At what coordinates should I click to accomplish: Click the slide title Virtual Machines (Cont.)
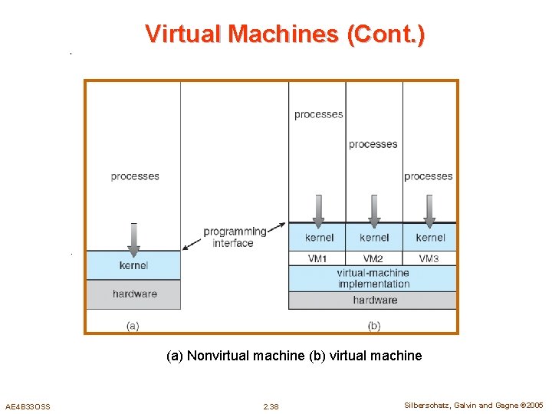point(284,34)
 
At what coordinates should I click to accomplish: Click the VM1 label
point(318,259)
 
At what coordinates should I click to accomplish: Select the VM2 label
point(373,259)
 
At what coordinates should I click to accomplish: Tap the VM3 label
point(429,259)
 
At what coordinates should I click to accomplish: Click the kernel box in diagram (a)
point(133,266)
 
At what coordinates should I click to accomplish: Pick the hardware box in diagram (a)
point(134,294)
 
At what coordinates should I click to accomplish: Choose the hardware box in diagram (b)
point(375,300)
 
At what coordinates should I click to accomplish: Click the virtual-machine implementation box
point(373,278)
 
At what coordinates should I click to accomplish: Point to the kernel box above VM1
point(319,238)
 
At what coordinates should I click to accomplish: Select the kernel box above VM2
point(374,238)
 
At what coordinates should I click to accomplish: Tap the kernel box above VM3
point(430,238)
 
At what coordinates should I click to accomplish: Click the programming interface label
point(234,237)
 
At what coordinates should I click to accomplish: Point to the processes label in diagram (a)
point(135,176)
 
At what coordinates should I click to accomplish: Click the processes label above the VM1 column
point(318,115)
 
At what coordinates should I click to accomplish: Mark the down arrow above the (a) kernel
point(134,238)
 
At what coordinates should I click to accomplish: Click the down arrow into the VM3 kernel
point(429,211)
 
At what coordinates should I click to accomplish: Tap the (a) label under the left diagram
point(133,326)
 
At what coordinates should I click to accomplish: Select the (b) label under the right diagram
point(374,326)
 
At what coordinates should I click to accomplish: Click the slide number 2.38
point(271,406)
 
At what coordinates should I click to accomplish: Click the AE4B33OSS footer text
point(28,406)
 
